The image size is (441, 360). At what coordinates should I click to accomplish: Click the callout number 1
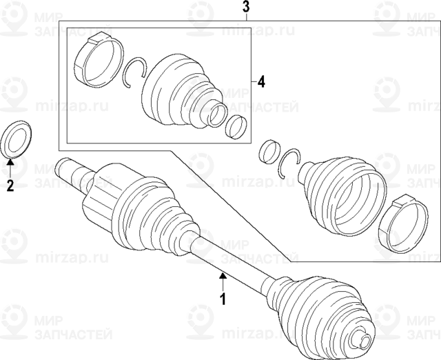click(223, 299)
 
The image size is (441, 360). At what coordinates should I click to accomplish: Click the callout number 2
click(10, 185)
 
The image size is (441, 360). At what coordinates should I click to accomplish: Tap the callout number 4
click(261, 82)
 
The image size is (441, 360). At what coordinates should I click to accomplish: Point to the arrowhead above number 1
click(223, 276)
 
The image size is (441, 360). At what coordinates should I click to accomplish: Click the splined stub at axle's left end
click(70, 168)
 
